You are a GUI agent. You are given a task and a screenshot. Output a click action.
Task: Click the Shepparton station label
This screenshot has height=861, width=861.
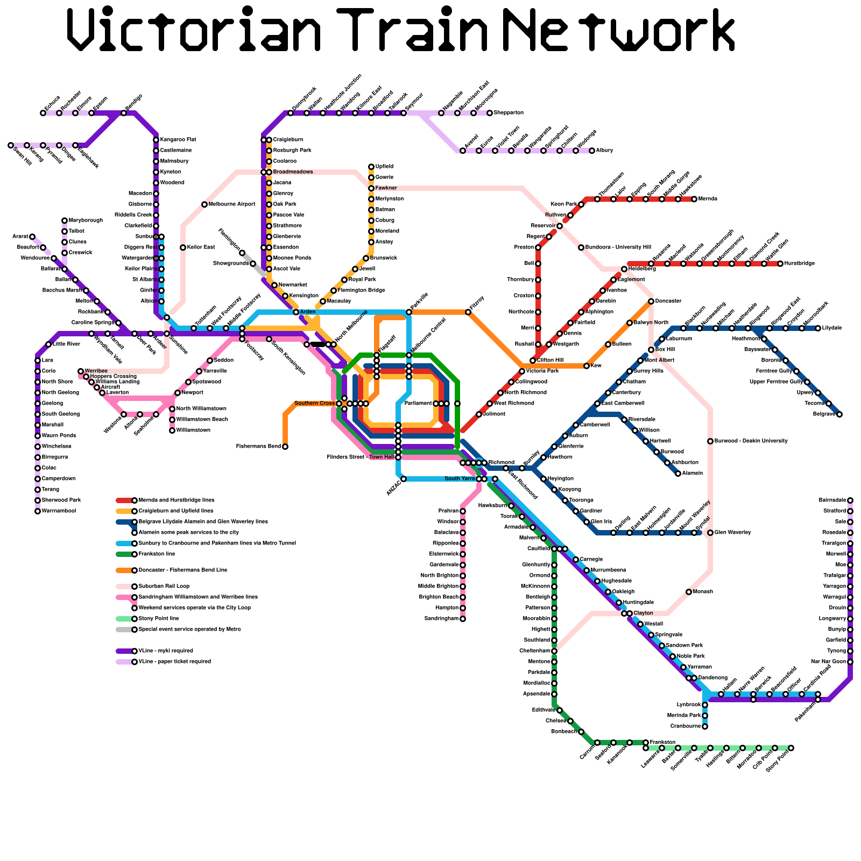[509, 113]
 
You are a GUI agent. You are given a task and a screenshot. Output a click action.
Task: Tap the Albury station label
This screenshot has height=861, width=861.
[604, 151]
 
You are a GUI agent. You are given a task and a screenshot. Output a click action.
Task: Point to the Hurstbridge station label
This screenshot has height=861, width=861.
[800, 264]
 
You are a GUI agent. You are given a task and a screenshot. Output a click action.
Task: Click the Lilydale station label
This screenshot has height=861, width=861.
[832, 328]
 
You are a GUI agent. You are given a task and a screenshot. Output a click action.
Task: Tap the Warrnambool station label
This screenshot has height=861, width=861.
[59, 511]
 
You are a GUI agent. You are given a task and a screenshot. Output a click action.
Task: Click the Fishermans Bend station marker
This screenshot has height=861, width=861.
[285, 447]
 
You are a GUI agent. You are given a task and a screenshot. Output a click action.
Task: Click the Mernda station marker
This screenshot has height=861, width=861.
[694, 199]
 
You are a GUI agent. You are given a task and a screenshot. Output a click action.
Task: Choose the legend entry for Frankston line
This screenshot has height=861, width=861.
[157, 554]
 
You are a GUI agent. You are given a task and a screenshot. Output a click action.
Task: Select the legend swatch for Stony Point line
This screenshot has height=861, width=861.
[125, 619]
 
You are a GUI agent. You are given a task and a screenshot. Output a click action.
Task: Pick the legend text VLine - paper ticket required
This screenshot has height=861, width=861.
[175, 662]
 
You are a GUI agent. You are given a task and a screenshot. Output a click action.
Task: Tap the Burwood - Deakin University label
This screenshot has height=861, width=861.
[751, 441]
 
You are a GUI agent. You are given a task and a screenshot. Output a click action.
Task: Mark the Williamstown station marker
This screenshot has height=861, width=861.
[172, 430]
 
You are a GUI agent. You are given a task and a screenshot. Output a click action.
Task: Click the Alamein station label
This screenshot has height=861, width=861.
[693, 474]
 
